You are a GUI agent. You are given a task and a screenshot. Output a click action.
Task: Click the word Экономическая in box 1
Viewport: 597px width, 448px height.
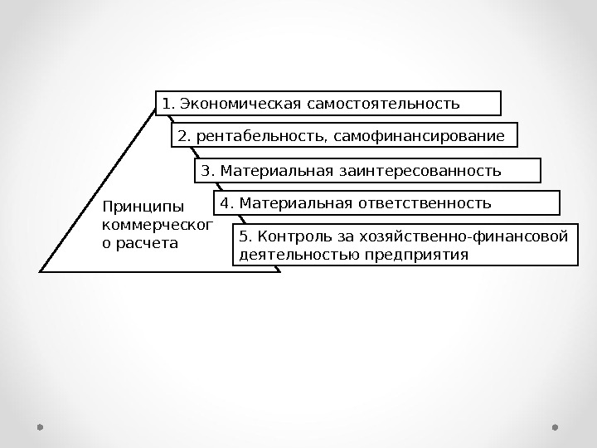pos(240,105)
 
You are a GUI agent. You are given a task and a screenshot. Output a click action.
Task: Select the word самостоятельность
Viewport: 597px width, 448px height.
pos(382,105)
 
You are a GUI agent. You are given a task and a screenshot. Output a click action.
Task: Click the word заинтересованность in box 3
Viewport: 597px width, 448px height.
pos(420,172)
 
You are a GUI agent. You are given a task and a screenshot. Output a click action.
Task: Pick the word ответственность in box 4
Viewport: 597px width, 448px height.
pos(428,203)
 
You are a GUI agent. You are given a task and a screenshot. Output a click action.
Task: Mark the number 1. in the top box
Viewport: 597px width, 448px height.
pos(168,105)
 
